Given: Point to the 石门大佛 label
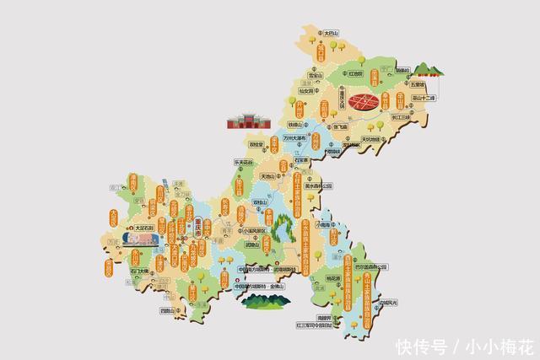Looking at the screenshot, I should point(139,271).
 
